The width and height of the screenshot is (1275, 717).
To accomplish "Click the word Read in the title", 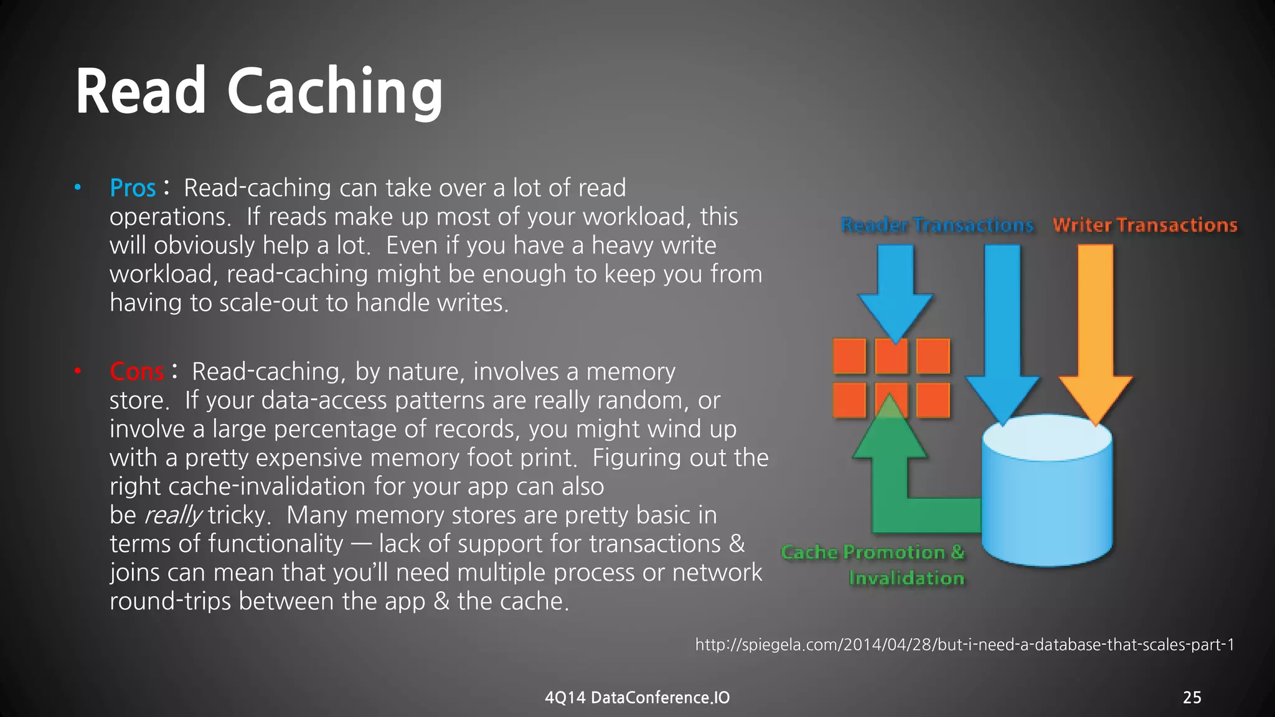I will click(x=141, y=92).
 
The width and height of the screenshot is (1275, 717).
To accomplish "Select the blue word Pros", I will click(x=132, y=188).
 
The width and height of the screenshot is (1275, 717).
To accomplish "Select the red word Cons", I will click(x=136, y=372).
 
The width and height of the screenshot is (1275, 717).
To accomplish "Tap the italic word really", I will click(x=172, y=515).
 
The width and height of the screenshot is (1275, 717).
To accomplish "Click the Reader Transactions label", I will click(x=936, y=225).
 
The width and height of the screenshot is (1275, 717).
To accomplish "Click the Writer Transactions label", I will click(x=1144, y=225).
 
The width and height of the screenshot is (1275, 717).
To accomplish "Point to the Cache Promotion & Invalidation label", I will click(x=873, y=565).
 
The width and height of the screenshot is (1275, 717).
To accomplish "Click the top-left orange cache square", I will click(x=849, y=356).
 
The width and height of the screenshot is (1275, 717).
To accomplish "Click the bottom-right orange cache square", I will click(x=933, y=400).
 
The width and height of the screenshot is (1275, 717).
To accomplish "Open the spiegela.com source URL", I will click(x=964, y=645).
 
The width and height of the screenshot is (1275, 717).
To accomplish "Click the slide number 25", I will click(x=1192, y=697).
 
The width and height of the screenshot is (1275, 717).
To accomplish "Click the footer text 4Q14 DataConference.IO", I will click(x=637, y=697).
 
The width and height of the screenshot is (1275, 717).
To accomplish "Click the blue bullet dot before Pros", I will click(x=78, y=187).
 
